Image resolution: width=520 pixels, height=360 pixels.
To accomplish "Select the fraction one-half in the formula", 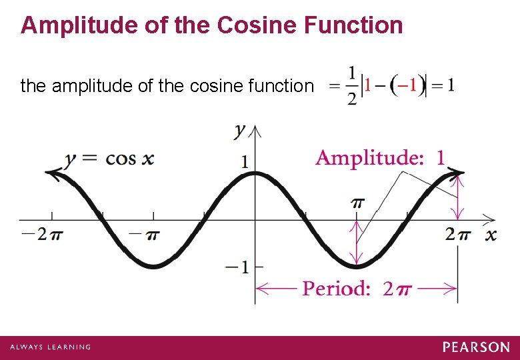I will [x=351, y=85].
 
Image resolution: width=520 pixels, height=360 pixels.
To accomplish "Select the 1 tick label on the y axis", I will [x=245, y=161].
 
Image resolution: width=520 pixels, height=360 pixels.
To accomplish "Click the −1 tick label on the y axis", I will [x=237, y=267].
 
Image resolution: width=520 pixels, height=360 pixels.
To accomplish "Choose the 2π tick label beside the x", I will [x=458, y=234].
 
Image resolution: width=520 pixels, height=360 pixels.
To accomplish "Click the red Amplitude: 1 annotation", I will [x=380, y=158].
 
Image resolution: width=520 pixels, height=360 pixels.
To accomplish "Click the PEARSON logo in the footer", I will [x=476, y=347].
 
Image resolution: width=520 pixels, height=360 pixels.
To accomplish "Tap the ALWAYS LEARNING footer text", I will [x=50, y=347].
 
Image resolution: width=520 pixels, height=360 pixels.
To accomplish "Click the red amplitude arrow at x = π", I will [x=358, y=243].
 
